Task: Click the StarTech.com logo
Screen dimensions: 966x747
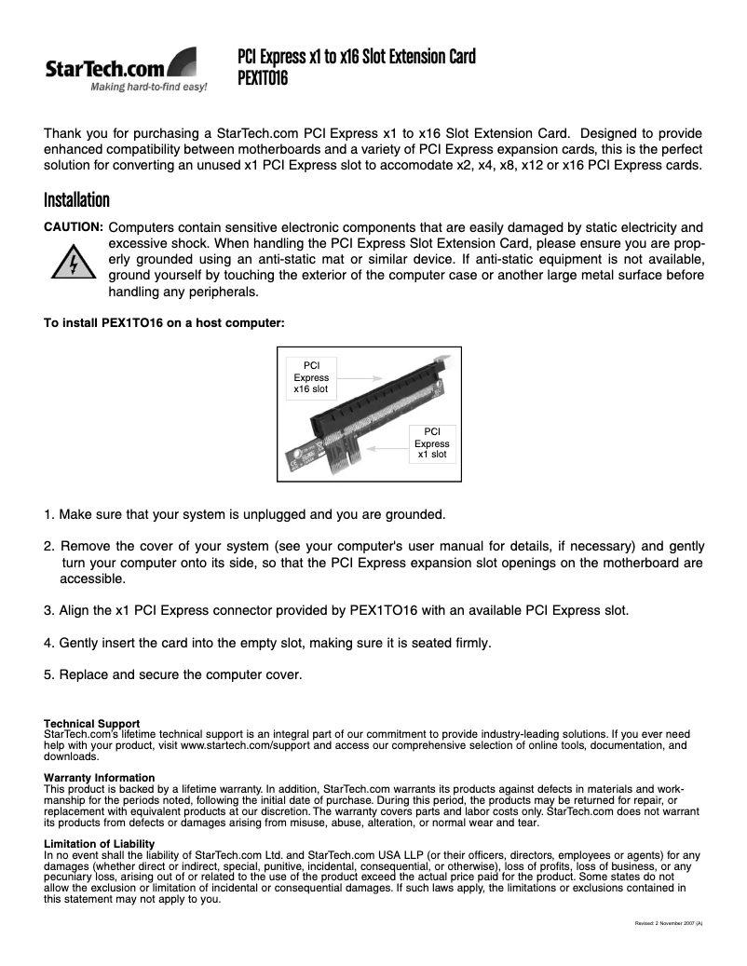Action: point(126,71)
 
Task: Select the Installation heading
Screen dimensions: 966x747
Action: point(76,200)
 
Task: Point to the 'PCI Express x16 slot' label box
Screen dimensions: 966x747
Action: point(311,376)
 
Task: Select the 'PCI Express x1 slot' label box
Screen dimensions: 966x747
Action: point(432,443)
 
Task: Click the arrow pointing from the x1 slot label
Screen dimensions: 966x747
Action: point(386,446)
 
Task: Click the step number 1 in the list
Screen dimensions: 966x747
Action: point(49,514)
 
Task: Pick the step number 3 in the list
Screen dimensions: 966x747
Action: point(49,611)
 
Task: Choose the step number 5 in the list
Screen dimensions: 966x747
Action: point(49,674)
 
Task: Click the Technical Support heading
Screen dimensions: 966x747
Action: point(92,724)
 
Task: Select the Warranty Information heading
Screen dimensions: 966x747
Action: point(99,778)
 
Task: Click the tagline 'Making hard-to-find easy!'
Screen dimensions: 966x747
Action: point(148,89)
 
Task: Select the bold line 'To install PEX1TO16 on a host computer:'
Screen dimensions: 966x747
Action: point(164,324)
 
